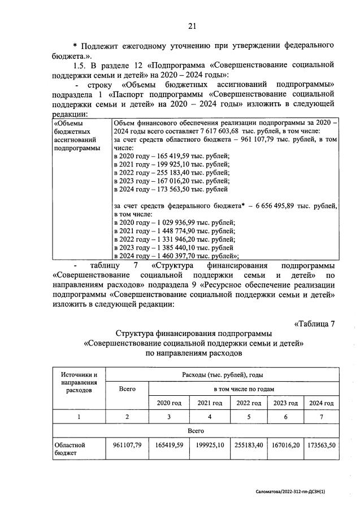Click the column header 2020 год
pyautogui.click(x=169, y=403)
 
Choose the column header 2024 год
pyautogui.click(x=321, y=403)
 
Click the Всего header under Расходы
pyautogui.click(x=127, y=389)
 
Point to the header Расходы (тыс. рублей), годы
pyautogui.click(x=222, y=374)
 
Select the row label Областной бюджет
pyautogui.click(x=67, y=449)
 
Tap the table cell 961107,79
pyautogui.click(x=127, y=445)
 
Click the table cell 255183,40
pyautogui.click(x=249, y=445)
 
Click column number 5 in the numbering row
pyautogui.click(x=249, y=417)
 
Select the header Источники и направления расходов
pyautogui.click(x=79, y=382)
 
